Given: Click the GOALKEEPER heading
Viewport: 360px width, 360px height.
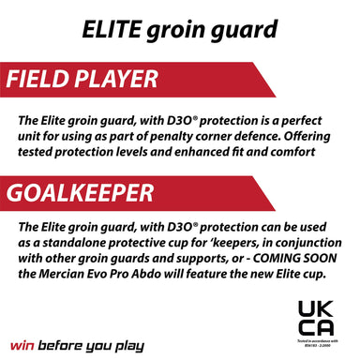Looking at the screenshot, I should (80, 193).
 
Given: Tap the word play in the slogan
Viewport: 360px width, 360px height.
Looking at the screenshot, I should (128, 346).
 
